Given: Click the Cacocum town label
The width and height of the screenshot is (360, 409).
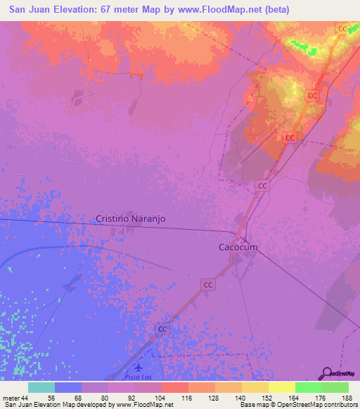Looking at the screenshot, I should point(234,247).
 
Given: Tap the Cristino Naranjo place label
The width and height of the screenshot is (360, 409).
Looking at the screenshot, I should point(131,219).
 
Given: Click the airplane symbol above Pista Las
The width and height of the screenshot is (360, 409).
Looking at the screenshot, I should point(138,368).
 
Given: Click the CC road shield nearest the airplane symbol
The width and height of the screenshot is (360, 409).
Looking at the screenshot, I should point(163,329).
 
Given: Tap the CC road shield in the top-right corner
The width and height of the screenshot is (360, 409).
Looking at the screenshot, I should point(342,29).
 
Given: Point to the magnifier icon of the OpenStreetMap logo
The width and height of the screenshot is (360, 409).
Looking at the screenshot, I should point(327,372).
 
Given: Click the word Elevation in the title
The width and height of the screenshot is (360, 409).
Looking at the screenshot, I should point(70,10).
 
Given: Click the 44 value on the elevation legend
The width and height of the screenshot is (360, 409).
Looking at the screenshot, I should point(25,397).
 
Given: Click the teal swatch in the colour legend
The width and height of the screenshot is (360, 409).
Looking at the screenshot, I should point(41,387).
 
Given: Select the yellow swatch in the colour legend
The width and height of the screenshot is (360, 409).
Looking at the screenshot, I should point(282,387).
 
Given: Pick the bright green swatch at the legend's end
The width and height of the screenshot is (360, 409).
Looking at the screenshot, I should point(335,387).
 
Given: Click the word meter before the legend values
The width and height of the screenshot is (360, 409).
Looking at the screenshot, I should point(11,397).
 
